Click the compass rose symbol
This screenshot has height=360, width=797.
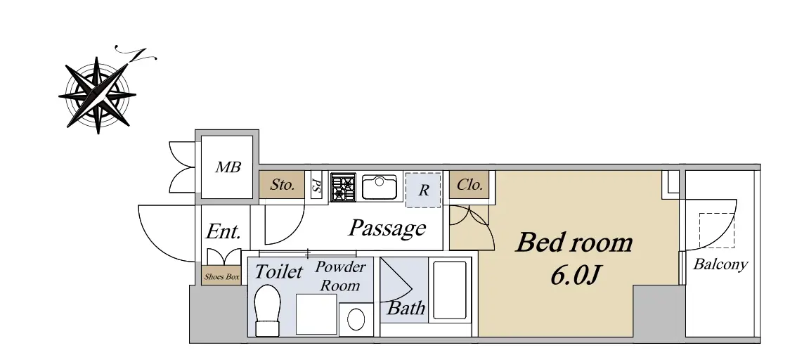click(97, 95)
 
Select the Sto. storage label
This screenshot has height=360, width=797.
click(282, 184)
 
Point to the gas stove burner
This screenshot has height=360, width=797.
click(343, 187)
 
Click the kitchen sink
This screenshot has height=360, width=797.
click(380, 187)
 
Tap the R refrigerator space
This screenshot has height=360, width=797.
click(423, 190)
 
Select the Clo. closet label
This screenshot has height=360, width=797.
click(469, 185)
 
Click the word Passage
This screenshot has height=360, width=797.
click(387, 229)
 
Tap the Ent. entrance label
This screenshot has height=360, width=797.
click(223, 232)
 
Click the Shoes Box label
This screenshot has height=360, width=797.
click(221, 277)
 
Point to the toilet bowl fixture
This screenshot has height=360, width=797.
click(267, 310)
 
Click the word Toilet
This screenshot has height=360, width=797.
click(278, 271)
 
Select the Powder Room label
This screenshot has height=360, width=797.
click(340, 276)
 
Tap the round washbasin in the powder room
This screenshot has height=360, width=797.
click(356, 320)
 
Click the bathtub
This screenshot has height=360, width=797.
click(449, 290)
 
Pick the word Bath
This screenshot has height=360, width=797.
click(406, 308)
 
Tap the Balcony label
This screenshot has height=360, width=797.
click(721, 264)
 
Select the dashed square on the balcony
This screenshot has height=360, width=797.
click(717, 231)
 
